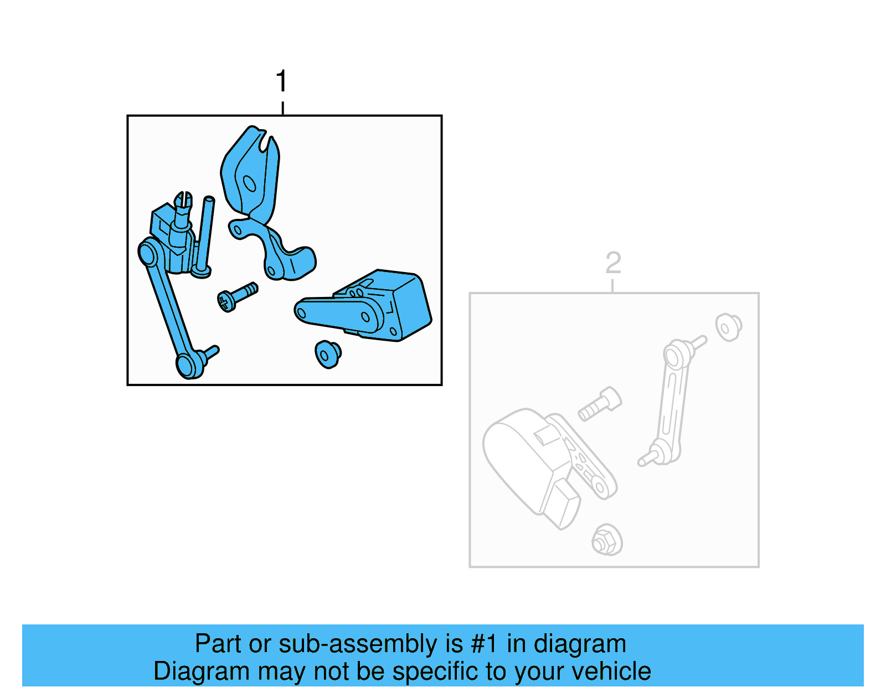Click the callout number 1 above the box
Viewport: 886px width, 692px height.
coord(281,81)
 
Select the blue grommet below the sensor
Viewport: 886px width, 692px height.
coord(327,354)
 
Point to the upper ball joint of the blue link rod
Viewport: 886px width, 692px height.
coord(147,254)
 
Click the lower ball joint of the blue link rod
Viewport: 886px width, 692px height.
coord(187,365)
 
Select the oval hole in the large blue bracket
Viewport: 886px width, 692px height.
coord(250,183)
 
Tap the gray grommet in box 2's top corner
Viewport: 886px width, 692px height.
coord(728,327)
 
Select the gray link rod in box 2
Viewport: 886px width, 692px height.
coord(671,404)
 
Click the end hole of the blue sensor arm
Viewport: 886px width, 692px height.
coord(301,313)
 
